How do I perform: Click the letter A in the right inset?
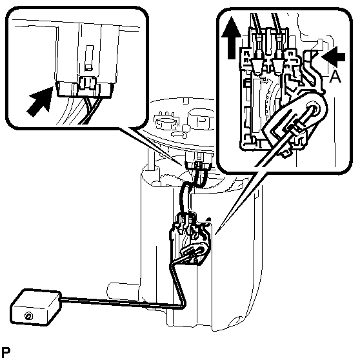pyautogui.click(x=335, y=77)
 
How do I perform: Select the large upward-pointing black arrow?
pyautogui.click(x=232, y=37)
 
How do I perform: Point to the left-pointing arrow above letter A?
pyautogui.click(x=333, y=56)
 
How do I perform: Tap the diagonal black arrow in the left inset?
pyautogui.click(x=40, y=101)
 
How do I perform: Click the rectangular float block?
pyautogui.click(x=36, y=308)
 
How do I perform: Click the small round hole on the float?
pyautogui.click(x=28, y=316)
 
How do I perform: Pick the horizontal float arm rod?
pyautogui.click(x=122, y=303)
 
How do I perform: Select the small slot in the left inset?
pyautogui.click(x=89, y=57)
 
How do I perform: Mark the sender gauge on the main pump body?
pyautogui.click(x=190, y=239)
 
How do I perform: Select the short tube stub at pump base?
pyautogui.click(x=123, y=290)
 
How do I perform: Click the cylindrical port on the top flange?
pyautogui.click(x=200, y=119)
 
